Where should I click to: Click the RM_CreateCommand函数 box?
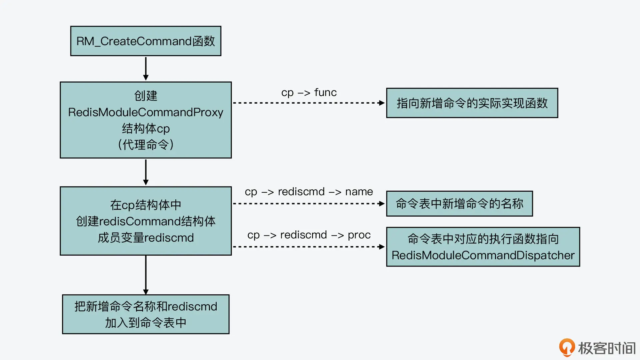tap(146, 41)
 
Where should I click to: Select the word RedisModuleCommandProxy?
tap(146, 112)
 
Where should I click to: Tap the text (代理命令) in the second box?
tap(146, 145)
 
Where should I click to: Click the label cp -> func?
tap(309, 92)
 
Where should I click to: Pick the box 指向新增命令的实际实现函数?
tap(472, 103)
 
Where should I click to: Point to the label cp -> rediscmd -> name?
tap(309, 192)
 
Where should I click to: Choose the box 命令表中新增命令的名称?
tap(459, 204)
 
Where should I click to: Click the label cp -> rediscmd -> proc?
tap(309, 235)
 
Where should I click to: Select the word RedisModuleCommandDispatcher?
tap(483, 255)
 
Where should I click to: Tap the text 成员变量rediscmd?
tap(146, 238)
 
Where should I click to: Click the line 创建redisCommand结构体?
tap(146, 221)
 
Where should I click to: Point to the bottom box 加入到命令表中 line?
tap(146, 323)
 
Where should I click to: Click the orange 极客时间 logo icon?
tap(567, 347)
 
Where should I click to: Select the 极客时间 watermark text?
tap(607, 348)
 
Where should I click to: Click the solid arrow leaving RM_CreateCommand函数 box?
tap(146, 68)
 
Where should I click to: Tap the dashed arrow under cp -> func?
tap(309, 103)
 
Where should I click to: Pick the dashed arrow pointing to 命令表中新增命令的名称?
tap(309, 204)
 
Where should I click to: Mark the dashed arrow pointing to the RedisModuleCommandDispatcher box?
tap(309, 247)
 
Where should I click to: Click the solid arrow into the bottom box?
tap(146, 275)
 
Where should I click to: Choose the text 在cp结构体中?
tap(146, 205)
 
